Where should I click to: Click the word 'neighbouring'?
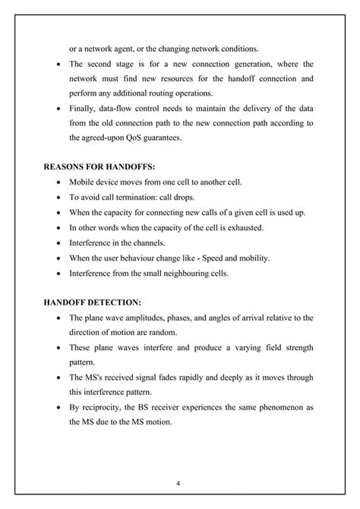tap(195, 272)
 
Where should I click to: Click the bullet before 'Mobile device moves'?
tap(59, 182)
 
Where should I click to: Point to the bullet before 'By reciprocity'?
tap(59, 407)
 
